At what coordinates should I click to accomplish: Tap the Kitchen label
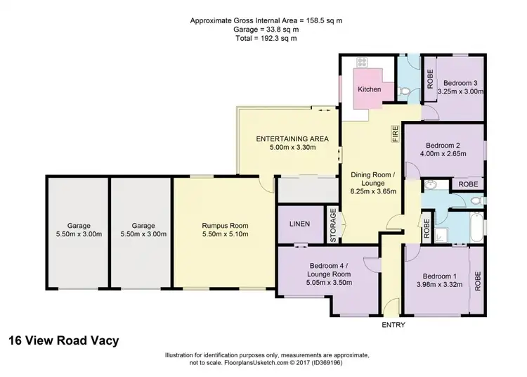(x=370, y=89)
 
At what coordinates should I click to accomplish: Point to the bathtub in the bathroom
(x=476, y=228)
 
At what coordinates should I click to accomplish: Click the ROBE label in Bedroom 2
(x=467, y=184)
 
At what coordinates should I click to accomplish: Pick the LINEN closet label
(x=299, y=224)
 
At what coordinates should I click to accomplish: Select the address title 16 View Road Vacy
(x=63, y=341)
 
